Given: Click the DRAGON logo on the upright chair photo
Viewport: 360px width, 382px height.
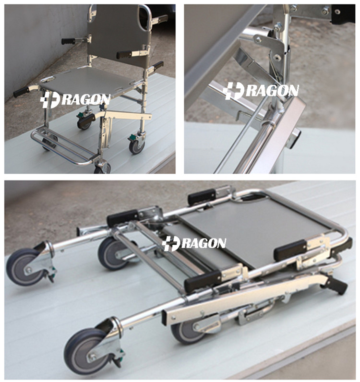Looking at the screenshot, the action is tap(75, 100).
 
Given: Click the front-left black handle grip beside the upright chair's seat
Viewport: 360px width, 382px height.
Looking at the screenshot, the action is tap(21, 92).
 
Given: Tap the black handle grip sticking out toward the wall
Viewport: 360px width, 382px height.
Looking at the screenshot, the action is tap(68, 41).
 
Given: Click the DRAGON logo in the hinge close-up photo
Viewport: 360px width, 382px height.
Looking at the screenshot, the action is tap(260, 91).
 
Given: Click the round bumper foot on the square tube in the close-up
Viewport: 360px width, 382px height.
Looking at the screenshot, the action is tap(295, 138).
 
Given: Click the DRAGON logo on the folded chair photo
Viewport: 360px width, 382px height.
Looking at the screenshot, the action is tap(194, 243).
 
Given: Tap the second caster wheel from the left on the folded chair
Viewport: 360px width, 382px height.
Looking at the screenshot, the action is tap(113, 253).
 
